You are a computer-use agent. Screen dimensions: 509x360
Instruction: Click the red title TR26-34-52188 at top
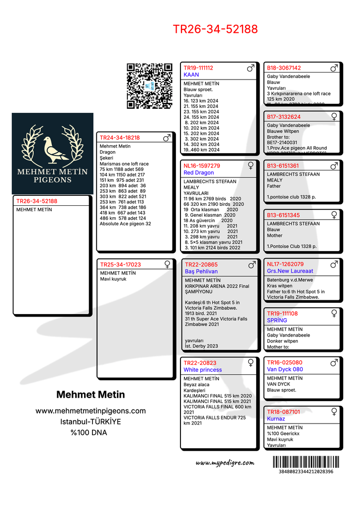(x=215, y=29)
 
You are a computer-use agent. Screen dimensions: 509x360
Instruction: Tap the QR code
(x=149, y=85)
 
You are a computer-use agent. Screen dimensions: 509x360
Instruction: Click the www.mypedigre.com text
(x=225, y=463)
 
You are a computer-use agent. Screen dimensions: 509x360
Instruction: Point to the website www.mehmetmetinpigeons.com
(x=90, y=411)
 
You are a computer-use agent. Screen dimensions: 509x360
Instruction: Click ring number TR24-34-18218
(x=120, y=138)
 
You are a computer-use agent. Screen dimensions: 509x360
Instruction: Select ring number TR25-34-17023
(x=121, y=264)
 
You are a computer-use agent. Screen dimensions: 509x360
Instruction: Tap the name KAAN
(x=191, y=75)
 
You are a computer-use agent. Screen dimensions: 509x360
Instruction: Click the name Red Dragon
(x=199, y=172)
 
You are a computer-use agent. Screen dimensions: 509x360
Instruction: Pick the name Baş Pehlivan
(x=201, y=271)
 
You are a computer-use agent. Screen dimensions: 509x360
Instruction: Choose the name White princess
(x=203, y=370)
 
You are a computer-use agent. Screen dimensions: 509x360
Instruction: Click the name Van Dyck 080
(x=285, y=369)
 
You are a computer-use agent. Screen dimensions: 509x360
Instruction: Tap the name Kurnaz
(x=276, y=419)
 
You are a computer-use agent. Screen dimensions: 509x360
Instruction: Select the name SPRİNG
(x=277, y=320)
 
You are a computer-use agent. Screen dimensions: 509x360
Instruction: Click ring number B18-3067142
(x=284, y=68)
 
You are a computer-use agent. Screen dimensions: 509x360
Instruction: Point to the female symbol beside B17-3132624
(x=334, y=116)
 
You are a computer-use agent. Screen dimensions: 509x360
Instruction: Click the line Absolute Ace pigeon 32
(x=125, y=224)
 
